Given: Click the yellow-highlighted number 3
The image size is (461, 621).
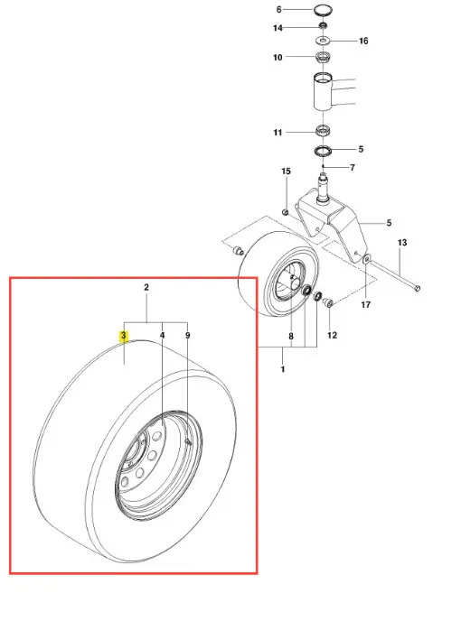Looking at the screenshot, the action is [124, 336].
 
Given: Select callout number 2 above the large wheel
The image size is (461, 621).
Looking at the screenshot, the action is [146, 287].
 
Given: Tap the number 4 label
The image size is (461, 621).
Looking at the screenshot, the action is [163, 336].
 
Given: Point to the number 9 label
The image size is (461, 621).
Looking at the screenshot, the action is [188, 336].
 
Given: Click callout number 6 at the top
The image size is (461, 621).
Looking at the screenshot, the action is [279, 10].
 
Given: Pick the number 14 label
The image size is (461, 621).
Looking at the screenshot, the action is [278, 28].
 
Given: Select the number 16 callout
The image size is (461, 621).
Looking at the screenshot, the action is [363, 41].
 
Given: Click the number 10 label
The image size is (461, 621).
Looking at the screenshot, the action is [278, 58].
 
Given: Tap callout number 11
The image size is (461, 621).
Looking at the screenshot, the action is [278, 133].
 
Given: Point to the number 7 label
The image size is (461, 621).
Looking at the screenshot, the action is [353, 168].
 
